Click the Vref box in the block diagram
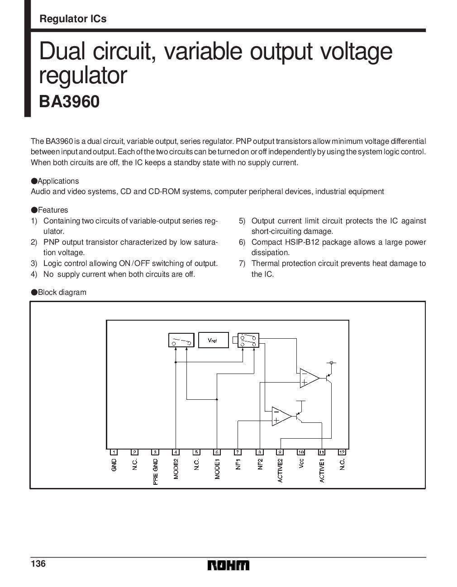(212, 340)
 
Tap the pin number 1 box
(114, 452)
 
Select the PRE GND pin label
(155, 472)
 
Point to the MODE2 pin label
(176, 469)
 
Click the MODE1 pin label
(217, 469)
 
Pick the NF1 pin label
(238, 464)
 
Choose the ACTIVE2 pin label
(280, 470)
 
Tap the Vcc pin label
(301, 463)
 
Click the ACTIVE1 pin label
(322, 470)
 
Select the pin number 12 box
(343, 452)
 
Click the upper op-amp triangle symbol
(309, 378)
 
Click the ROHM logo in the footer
(228, 566)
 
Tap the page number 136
(38, 563)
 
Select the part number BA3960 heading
(69, 102)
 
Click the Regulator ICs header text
(73, 19)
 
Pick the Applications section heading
(58, 181)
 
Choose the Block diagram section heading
(62, 292)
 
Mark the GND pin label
(114, 465)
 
